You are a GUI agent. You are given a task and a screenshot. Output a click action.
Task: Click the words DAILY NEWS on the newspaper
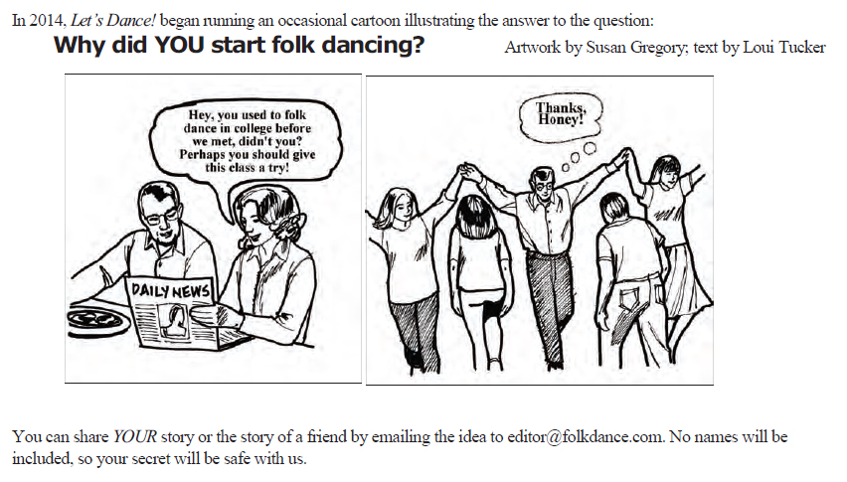(170, 291)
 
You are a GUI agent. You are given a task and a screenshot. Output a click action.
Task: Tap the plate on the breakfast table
(98, 322)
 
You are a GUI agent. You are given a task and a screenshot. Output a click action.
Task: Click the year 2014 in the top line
(48, 21)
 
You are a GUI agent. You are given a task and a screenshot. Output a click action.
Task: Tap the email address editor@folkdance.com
(585, 436)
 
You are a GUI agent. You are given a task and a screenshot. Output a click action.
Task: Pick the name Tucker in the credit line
(799, 48)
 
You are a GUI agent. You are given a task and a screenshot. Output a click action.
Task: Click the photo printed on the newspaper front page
(174, 321)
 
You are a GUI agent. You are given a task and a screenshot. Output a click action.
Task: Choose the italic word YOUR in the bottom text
(134, 436)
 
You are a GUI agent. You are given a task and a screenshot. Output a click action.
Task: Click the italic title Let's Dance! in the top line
(113, 21)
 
